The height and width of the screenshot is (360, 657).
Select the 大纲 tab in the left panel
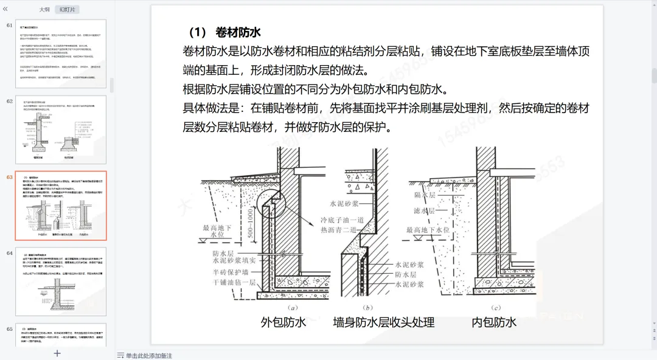point(44,10)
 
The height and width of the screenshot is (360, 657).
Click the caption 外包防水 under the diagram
point(283,322)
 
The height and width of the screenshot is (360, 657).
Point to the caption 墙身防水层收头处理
point(384,322)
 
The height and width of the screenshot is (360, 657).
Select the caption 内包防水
point(494,322)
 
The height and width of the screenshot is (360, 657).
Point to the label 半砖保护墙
point(229,272)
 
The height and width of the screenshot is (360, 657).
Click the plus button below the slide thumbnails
point(57,353)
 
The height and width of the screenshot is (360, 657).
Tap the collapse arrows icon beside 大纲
point(5,10)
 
